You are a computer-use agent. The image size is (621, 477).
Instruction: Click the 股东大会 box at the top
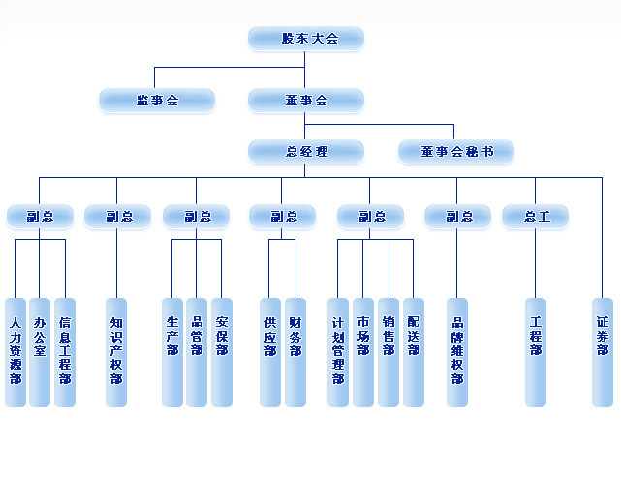point(306,39)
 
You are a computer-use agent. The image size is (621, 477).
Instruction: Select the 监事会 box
point(157,100)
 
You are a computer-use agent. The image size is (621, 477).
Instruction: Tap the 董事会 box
point(306,100)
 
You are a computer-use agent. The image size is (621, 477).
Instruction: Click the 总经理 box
point(306,152)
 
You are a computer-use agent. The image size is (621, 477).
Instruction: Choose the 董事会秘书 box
point(456,152)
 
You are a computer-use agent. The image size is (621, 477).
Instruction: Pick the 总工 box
point(536,217)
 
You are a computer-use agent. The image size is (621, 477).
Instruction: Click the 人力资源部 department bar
point(16,352)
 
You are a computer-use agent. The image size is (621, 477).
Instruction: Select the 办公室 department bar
point(40,352)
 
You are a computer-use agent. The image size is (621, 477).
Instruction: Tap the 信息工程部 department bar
point(65,352)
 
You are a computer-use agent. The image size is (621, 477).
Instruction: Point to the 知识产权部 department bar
point(116,352)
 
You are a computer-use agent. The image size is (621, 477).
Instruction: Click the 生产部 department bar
point(172,352)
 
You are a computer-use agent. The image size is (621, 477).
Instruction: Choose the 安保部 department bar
point(222,352)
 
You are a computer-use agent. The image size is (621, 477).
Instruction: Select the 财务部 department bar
point(295,352)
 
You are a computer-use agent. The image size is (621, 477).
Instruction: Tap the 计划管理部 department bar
point(338,352)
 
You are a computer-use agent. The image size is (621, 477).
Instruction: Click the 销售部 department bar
point(388,352)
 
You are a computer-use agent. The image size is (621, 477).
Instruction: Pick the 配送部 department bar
point(414,352)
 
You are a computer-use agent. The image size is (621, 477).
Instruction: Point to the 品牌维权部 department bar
point(457,352)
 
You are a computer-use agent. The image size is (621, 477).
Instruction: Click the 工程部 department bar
point(536,352)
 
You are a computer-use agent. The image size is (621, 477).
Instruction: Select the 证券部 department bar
point(603,352)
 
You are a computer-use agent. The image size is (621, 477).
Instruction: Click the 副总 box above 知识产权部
point(117,217)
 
